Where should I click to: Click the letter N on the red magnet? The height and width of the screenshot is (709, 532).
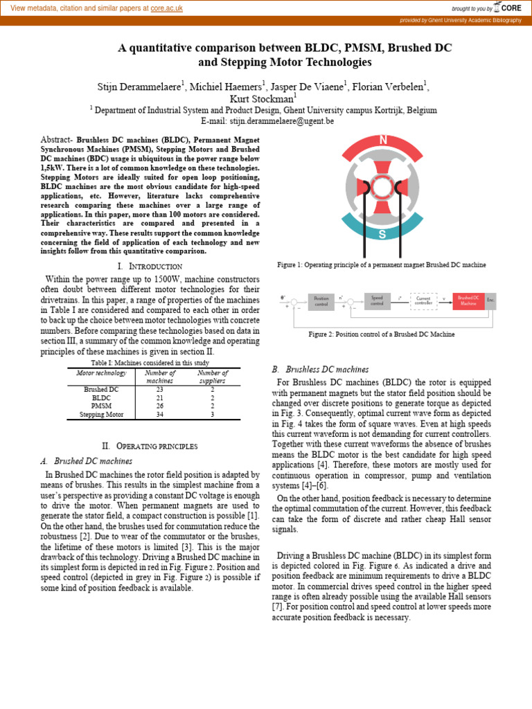[x=383, y=141]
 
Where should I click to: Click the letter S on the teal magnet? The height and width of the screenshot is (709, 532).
[x=382, y=234]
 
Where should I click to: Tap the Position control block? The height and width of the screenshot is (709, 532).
[x=321, y=300]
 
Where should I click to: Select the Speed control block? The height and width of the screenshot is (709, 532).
[x=377, y=300]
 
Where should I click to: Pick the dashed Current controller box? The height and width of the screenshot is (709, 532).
[x=423, y=300]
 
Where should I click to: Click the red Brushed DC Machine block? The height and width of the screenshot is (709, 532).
[x=468, y=300]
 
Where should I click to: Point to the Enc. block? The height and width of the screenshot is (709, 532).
[x=490, y=300]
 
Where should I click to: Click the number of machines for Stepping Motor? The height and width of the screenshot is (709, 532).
[x=159, y=415]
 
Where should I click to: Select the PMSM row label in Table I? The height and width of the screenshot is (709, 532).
[x=101, y=406]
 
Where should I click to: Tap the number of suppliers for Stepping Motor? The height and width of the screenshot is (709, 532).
[x=213, y=415]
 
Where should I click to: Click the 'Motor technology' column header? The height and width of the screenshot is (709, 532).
[x=101, y=373]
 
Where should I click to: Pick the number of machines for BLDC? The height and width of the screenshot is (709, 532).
[x=159, y=398]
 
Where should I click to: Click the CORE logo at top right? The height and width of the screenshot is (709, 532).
[x=509, y=8]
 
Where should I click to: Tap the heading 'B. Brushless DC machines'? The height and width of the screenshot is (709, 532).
[x=320, y=369]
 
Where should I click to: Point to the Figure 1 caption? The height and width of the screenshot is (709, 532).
[x=381, y=265]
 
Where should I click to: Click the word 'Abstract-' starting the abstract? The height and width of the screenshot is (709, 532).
[x=57, y=139]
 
